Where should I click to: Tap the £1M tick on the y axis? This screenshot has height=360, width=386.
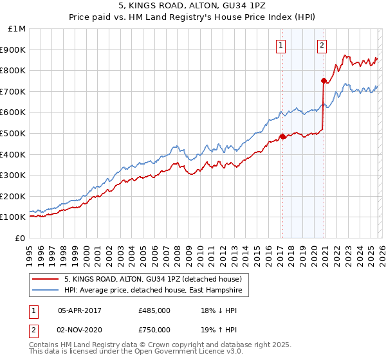coord(17,29)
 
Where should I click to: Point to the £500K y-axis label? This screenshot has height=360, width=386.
coord(14,134)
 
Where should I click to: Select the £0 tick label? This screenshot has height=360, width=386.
coord(21,238)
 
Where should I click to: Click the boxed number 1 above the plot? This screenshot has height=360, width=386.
coord(282,45)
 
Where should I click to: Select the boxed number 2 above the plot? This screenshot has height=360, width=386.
coord(322,45)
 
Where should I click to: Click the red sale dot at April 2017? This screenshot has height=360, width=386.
coord(282,136)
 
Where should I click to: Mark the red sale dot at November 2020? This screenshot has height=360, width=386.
coord(324,81)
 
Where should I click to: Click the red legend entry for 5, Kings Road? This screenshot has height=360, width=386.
coord(152,279)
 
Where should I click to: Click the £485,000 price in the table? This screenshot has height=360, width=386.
coord(154,311)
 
